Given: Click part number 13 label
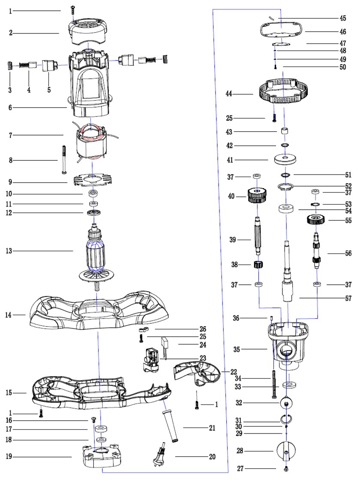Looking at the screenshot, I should click(x=9, y=251).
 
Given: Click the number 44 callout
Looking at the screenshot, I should click(x=229, y=93).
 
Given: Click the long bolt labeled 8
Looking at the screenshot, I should click(x=64, y=159).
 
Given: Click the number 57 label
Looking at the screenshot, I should click(x=348, y=298).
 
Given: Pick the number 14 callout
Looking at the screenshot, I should click(x=9, y=315).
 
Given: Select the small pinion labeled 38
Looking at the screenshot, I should click(x=258, y=265).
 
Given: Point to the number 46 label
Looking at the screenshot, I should click(x=343, y=32).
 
